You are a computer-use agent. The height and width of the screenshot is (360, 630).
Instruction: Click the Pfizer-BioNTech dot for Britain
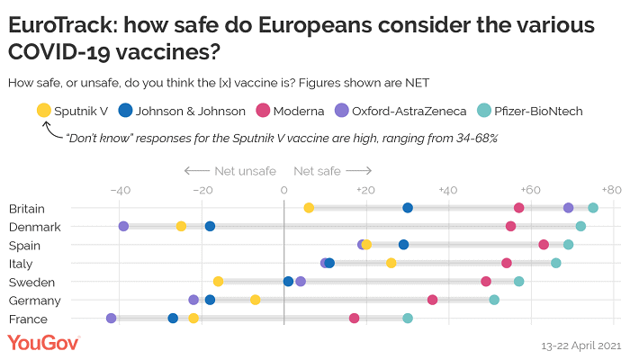(593, 208)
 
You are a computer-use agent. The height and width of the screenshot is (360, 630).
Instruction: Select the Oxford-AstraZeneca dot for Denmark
(123, 226)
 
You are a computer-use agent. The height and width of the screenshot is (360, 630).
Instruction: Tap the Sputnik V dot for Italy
(391, 263)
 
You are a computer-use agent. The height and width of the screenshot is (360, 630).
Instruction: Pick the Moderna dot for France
(354, 318)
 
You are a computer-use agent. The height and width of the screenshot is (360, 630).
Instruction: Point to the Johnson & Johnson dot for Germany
(210, 300)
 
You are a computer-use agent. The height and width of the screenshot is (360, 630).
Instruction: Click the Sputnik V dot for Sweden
(218, 281)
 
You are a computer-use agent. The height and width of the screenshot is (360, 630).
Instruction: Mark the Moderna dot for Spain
(544, 245)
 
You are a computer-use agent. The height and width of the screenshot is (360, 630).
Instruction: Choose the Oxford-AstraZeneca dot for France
(111, 318)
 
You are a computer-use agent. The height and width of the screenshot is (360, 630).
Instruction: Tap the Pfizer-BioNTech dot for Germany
(494, 300)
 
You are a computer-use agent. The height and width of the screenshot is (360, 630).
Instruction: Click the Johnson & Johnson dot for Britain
(408, 208)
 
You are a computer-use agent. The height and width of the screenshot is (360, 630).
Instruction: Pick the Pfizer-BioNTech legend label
(543, 111)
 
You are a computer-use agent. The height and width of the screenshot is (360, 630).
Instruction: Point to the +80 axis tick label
(611, 190)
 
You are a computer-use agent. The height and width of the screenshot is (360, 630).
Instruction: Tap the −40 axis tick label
(119, 190)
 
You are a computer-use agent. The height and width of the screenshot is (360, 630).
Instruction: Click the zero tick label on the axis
(283, 190)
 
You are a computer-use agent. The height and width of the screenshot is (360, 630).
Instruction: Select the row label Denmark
(34, 227)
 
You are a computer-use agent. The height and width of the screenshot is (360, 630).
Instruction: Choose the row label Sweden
(32, 282)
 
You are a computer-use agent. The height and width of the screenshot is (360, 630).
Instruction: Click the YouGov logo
(44, 343)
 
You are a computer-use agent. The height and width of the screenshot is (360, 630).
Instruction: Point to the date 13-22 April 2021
(580, 346)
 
